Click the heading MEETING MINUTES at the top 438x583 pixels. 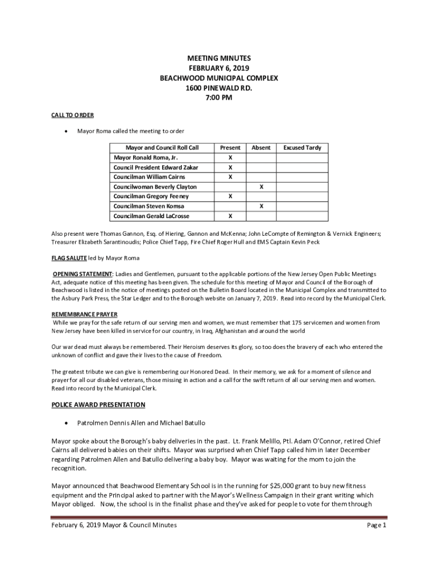[x=218, y=59]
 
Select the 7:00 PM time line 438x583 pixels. [x=218, y=97]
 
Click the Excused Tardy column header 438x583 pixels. [x=302, y=147]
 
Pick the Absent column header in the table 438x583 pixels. [x=261, y=147]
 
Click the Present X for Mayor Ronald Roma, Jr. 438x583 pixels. [x=230, y=157]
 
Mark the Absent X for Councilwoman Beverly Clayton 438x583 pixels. [x=261, y=187]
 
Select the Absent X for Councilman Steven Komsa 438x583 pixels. [x=261, y=206]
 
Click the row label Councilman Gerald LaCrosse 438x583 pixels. [x=151, y=216]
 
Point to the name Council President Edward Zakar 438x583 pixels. [x=155, y=167]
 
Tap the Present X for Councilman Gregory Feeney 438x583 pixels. [x=230, y=196]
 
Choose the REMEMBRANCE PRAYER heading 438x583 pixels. [x=84, y=314]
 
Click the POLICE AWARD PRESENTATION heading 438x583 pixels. [x=98, y=405]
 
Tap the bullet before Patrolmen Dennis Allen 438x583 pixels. [x=68, y=424]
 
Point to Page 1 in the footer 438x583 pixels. [x=377, y=525]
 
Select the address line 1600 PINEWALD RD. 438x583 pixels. [x=218, y=88]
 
